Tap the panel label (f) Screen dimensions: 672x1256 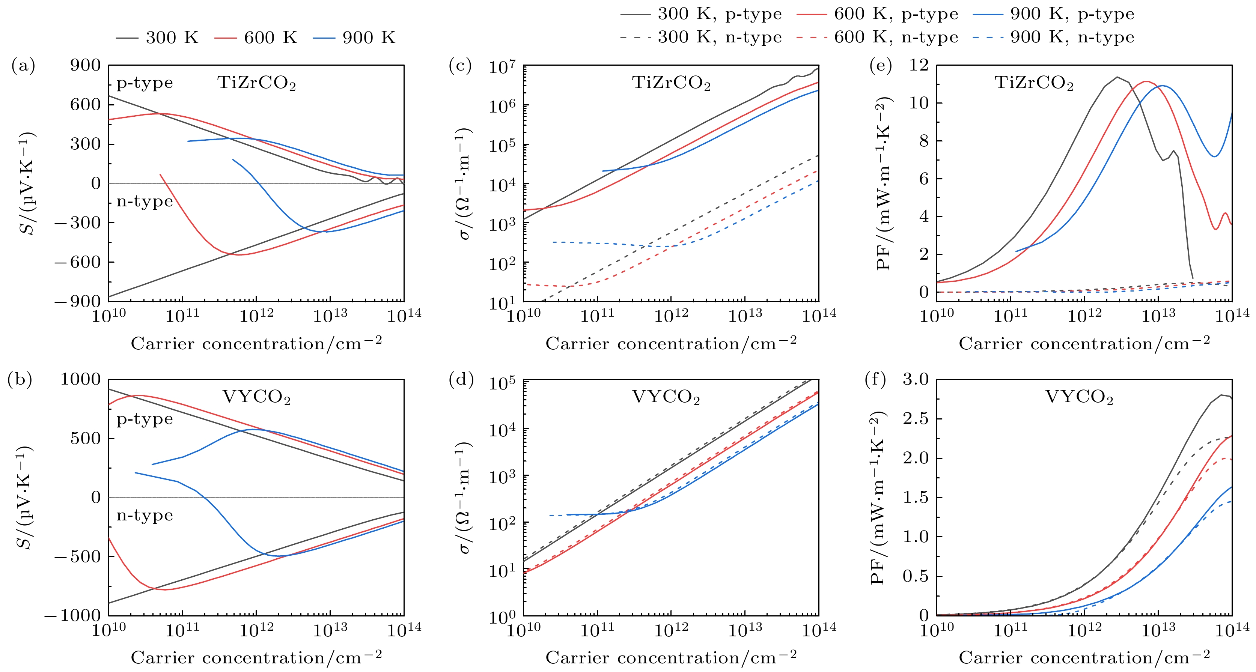pos(875,380)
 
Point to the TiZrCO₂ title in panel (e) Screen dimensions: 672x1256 pos(1034,83)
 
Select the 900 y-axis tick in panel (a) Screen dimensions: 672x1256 pos(85,65)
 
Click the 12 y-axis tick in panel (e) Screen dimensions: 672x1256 pos(919,65)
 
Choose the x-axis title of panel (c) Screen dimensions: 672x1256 pos(671,344)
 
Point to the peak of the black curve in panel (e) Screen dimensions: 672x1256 pos(1117,77)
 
